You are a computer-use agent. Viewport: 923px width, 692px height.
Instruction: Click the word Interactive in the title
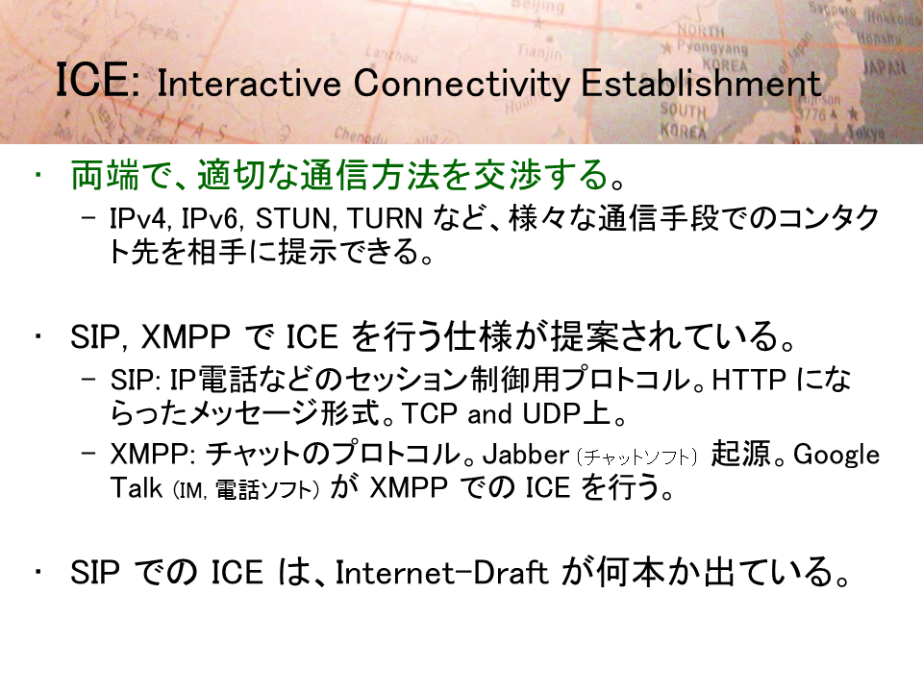248,83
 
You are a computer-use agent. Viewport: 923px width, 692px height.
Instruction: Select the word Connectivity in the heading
461,85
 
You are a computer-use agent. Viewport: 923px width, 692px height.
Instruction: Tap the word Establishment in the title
701,83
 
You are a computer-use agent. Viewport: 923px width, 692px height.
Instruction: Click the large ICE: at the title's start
98,80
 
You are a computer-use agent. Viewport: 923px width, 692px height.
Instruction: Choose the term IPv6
211,219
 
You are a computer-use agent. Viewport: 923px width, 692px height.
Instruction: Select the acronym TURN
385,219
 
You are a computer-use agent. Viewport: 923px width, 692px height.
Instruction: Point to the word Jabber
526,455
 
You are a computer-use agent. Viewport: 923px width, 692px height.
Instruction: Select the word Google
836,456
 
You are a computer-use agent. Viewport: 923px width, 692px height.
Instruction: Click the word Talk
136,488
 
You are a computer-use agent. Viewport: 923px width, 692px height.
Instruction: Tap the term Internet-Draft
441,573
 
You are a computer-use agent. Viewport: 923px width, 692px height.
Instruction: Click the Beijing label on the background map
537,7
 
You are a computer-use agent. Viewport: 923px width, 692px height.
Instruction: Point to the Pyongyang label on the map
711,46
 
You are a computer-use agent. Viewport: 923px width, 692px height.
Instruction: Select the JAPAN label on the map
885,67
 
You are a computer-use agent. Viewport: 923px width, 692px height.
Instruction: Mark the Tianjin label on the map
539,52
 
